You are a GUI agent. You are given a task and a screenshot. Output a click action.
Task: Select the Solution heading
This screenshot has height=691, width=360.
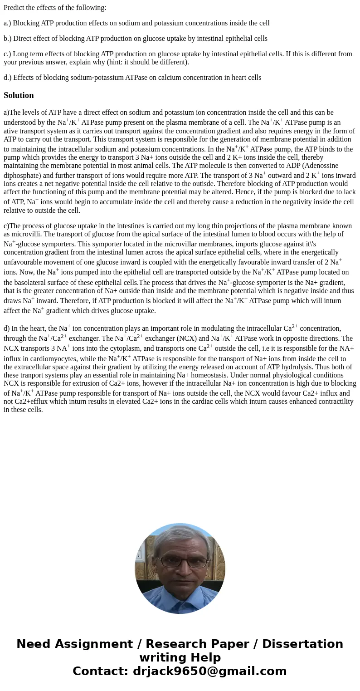[x=19, y=95]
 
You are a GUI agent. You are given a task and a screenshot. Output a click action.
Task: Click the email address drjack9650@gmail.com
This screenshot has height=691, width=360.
[x=209, y=671]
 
